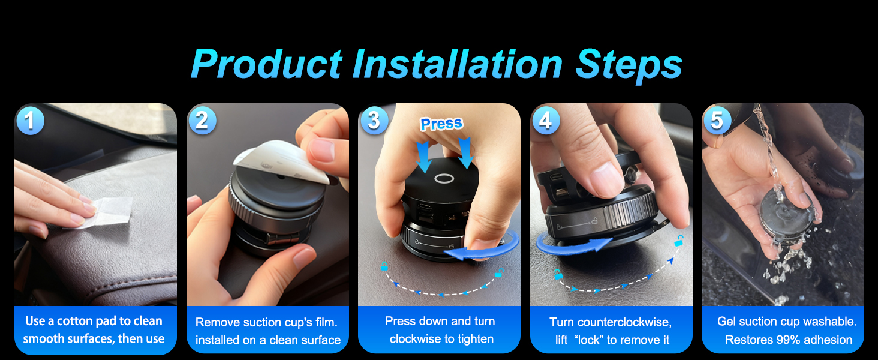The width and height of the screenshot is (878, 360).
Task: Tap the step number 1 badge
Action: (29, 121)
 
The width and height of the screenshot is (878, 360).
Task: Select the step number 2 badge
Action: (202, 121)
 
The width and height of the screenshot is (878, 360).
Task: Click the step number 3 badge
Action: (374, 121)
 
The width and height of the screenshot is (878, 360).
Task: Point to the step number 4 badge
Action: (545, 121)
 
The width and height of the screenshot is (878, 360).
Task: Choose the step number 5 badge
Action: (717, 121)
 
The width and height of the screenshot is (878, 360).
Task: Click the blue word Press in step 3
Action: (441, 124)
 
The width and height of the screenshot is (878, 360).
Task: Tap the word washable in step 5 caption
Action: (830, 322)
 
